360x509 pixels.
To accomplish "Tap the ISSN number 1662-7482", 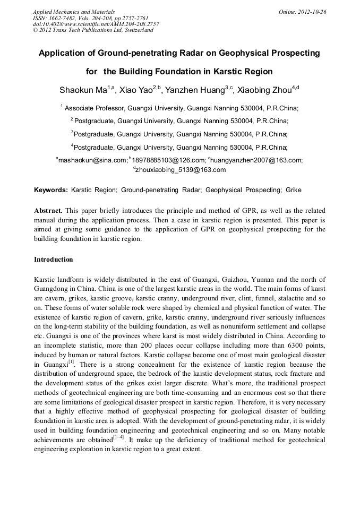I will pos(65,18).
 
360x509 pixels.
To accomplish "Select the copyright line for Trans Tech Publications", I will pos(93,30).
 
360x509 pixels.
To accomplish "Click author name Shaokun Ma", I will pos(83,90).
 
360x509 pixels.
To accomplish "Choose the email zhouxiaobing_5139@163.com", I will pos(181,170).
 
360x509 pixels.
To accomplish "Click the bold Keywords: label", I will pos(51,189).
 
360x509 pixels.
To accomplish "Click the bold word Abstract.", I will pos(49,210).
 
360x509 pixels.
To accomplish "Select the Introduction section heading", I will pos(53,260).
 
